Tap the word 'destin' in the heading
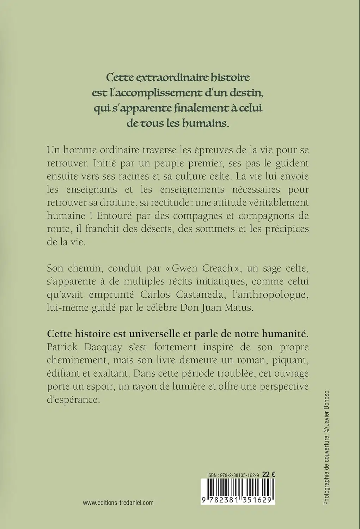click(x=243, y=92)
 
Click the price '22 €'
click(x=269, y=475)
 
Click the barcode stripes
click(x=238, y=488)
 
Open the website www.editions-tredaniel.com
click(x=118, y=503)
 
